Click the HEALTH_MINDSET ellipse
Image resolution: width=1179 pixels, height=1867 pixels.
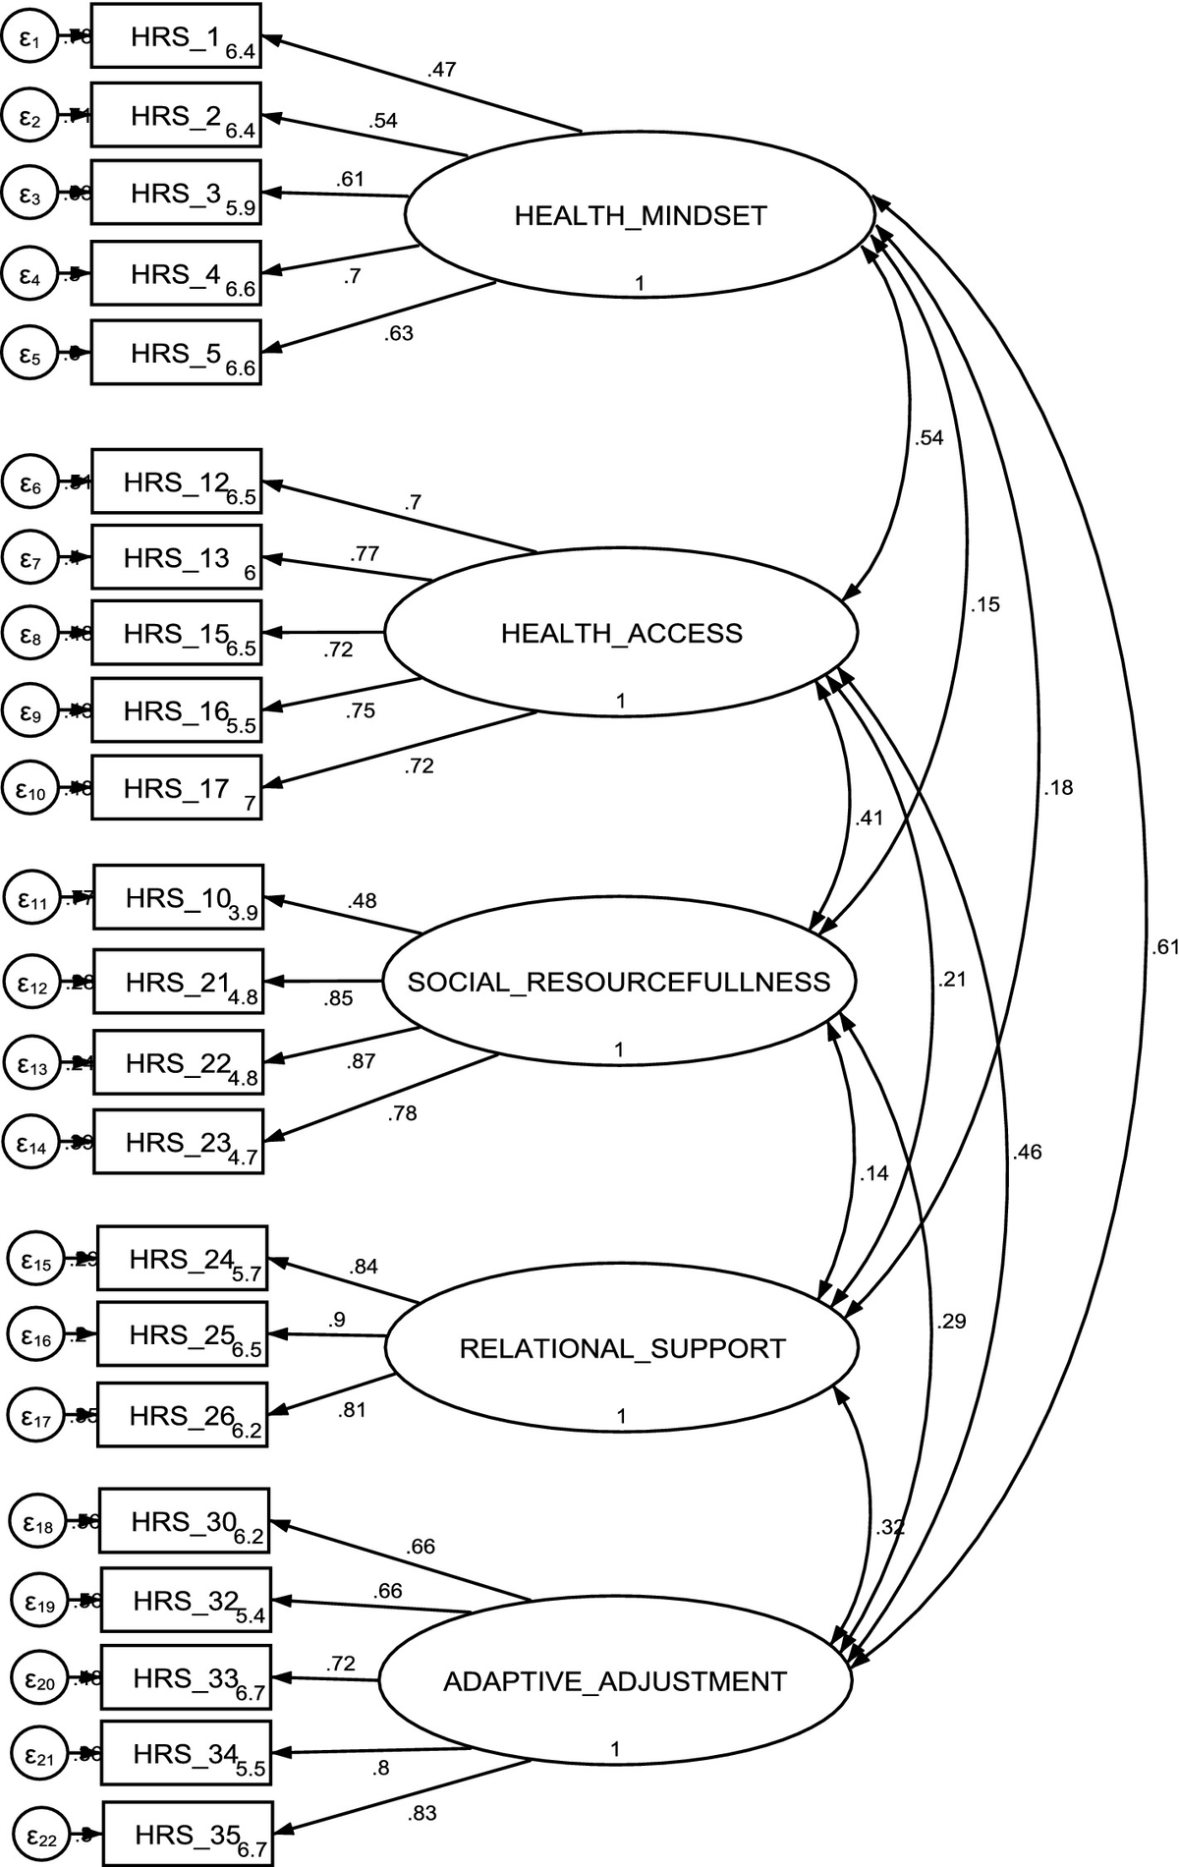tap(639, 214)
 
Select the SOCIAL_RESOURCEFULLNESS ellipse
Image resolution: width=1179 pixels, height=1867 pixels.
tap(619, 982)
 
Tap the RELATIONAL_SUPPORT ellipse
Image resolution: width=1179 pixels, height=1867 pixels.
tap(622, 1348)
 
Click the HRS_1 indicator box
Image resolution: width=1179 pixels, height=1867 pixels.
tap(176, 36)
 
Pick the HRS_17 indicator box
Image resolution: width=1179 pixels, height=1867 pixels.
tap(177, 788)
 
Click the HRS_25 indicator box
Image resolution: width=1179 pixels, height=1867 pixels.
tap(183, 1334)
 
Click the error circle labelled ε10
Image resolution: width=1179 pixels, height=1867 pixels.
tap(30, 788)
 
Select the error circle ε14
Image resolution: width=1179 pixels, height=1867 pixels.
tap(32, 1142)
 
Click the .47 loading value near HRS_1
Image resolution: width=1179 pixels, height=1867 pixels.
tap(441, 70)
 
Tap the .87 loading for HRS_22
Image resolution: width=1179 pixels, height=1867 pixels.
tap(361, 1061)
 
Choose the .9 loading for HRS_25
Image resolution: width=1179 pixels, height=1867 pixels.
tap(337, 1319)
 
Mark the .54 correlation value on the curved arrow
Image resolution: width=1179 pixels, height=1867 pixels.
tap(928, 438)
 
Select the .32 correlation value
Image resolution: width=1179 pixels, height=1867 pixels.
tap(889, 1527)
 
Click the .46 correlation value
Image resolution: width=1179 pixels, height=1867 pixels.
tap(1026, 1152)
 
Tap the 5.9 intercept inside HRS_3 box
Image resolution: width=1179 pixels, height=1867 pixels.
tap(240, 208)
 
